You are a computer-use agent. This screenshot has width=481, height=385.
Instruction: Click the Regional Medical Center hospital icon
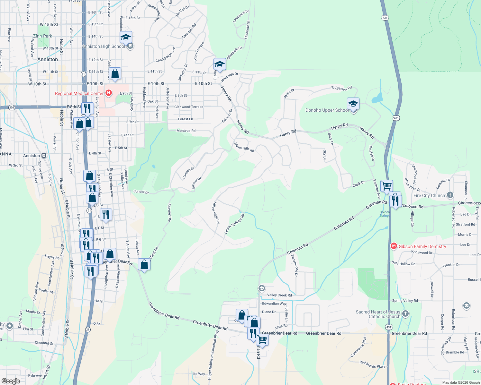[x=109, y=93]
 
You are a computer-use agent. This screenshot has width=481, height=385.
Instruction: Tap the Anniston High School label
[x=104, y=46]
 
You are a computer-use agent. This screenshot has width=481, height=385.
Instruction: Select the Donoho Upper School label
[x=327, y=110]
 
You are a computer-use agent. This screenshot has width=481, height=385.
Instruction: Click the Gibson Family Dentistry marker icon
[x=394, y=246]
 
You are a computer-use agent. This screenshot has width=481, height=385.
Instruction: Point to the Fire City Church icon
[x=450, y=195]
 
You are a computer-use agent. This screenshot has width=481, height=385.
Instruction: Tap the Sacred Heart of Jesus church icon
[x=405, y=313]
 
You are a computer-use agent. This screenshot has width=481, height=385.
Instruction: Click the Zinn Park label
[x=42, y=36]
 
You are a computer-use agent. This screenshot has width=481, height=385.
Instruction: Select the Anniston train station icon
[x=44, y=156]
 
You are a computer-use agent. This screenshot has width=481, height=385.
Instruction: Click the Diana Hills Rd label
[x=244, y=148]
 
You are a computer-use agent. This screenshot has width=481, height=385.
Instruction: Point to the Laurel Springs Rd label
[x=234, y=224]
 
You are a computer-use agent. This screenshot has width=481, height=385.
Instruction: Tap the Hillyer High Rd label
[x=216, y=212]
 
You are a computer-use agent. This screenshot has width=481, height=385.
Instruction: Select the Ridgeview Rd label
[x=341, y=88]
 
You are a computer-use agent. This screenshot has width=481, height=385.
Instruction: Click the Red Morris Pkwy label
[x=372, y=364]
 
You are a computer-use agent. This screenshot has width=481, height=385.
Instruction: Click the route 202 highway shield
[x=12, y=107]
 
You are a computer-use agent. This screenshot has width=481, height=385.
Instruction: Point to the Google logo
[x=11, y=381]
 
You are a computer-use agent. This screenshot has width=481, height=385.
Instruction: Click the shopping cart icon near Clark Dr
[x=386, y=185]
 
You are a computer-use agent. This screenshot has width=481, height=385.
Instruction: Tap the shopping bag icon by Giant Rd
[x=144, y=264]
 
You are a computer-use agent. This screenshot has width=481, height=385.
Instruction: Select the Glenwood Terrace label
[x=189, y=107]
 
